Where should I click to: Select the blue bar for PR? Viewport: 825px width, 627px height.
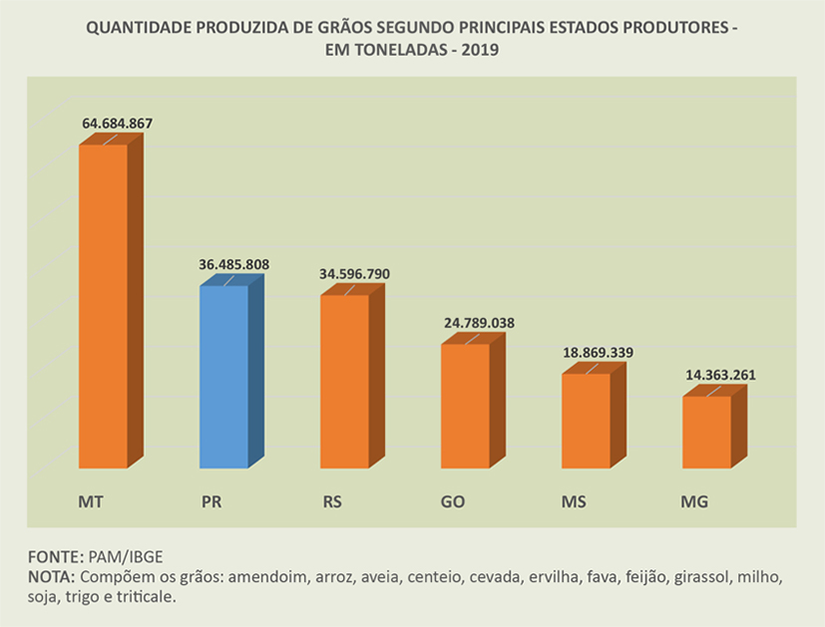click(x=223, y=377)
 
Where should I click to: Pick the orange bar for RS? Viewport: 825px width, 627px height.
click(x=344, y=381)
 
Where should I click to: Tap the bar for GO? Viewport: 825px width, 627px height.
click(x=465, y=405)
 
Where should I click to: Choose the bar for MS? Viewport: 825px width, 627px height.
click(x=586, y=420)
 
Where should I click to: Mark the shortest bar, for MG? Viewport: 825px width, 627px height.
click(x=706, y=431)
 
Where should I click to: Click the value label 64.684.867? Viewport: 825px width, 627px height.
click(x=117, y=124)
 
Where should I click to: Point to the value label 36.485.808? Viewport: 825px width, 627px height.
click(x=234, y=265)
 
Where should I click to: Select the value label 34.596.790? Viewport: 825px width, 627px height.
click(x=355, y=274)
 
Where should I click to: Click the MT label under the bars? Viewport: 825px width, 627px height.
click(x=91, y=499)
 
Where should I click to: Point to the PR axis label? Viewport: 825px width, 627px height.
click(x=210, y=499)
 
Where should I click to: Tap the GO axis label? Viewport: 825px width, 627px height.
click(x=453, y=499)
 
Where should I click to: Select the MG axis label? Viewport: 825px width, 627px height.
click(x=694, y=499)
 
